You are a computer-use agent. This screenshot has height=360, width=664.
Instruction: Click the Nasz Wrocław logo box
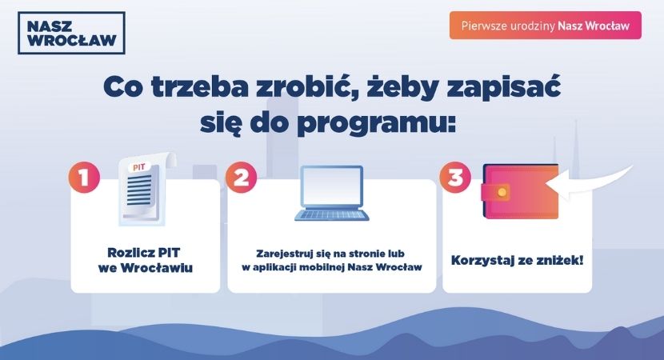(71, 33)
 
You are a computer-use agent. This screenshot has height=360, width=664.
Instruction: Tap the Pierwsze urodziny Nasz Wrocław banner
(546, 26)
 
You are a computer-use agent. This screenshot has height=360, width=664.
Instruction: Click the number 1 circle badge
(84, 177)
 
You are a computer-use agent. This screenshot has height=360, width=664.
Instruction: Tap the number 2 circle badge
(241, 177)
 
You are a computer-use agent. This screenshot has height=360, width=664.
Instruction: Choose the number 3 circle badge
(455, 177)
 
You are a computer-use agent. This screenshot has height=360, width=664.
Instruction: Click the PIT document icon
(146, 189)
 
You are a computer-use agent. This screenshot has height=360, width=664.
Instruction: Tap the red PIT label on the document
(139, 167)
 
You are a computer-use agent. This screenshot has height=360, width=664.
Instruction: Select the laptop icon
(331, 193)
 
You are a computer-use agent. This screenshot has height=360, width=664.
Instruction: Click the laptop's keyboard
(331, 214)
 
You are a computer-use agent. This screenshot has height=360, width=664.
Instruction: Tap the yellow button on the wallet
(502, 193)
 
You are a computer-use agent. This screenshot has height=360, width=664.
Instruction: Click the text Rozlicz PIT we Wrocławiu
(146, 260)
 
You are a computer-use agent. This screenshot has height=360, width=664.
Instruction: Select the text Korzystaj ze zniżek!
(517, 261)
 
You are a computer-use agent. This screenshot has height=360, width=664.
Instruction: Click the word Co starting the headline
(123, 87)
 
